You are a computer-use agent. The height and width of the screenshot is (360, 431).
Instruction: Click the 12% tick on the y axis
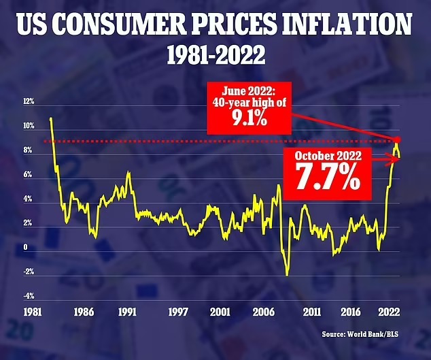(29, 101)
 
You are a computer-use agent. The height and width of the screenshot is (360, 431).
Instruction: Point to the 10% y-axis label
(29, 127)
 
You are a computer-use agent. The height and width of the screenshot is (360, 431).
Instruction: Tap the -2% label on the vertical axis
(29, 272)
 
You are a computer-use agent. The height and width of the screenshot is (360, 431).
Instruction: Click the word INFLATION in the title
(346, 29)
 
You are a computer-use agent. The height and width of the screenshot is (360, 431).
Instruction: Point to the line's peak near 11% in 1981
(51, 119)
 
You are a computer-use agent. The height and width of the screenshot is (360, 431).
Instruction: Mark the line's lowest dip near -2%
(288, 274)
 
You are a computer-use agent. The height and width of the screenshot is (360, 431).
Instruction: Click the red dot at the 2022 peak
(396, 140)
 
